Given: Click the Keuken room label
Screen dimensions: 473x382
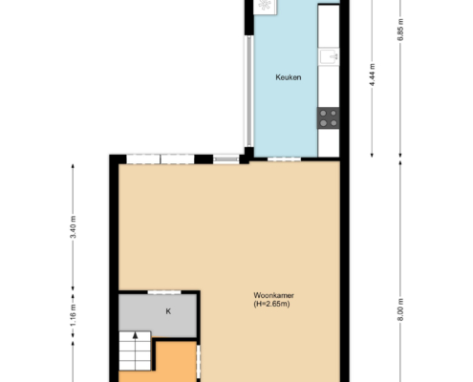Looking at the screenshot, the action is pyautogui.click(x=289, y=77).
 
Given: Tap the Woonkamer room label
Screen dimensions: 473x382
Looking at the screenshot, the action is pyautogui.click(x=273, y=295).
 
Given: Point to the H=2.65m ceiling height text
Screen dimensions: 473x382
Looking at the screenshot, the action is pyautogui.click(x=271, y=304).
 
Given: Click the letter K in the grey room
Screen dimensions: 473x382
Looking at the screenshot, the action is pyautogui.click(x=168, y=311).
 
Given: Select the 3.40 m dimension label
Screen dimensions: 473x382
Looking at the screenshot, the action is pyautogui.click(x=74, y=226).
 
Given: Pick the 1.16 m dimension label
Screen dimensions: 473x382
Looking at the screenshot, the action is pyautogui.click(x=74, y=315).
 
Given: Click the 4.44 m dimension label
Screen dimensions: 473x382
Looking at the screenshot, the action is pyautogui.click(x=372, y=74).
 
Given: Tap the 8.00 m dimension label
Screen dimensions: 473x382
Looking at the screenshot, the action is pyautogui.click(x=400, y=309).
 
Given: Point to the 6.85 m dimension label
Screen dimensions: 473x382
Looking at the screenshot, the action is pyautogui.click(x=400, y=30).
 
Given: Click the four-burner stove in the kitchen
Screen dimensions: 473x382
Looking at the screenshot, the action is pyautogui.click(x=329, y=118).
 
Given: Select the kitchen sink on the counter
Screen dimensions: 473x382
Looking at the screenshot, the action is pyautogui.click(x=330, y=57).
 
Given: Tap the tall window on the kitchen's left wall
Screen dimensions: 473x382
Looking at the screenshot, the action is pyautogui.click(x=248, y=91).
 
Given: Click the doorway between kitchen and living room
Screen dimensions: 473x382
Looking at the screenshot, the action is pyautogui.click(x=284, y=159).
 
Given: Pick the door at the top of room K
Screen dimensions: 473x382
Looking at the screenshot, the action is pyautogui.click(x=164, y=292).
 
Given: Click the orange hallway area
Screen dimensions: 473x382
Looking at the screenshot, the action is pyautogui.click(x=176, y=363).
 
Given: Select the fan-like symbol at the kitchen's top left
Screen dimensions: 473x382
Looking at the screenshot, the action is pyautogui.click(x=265, y=5).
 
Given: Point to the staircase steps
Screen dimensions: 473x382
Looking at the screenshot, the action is pyautogui.click(x=135, y=350).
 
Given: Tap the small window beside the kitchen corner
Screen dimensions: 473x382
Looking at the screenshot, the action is pyautogui.click(x=226, y=159).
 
